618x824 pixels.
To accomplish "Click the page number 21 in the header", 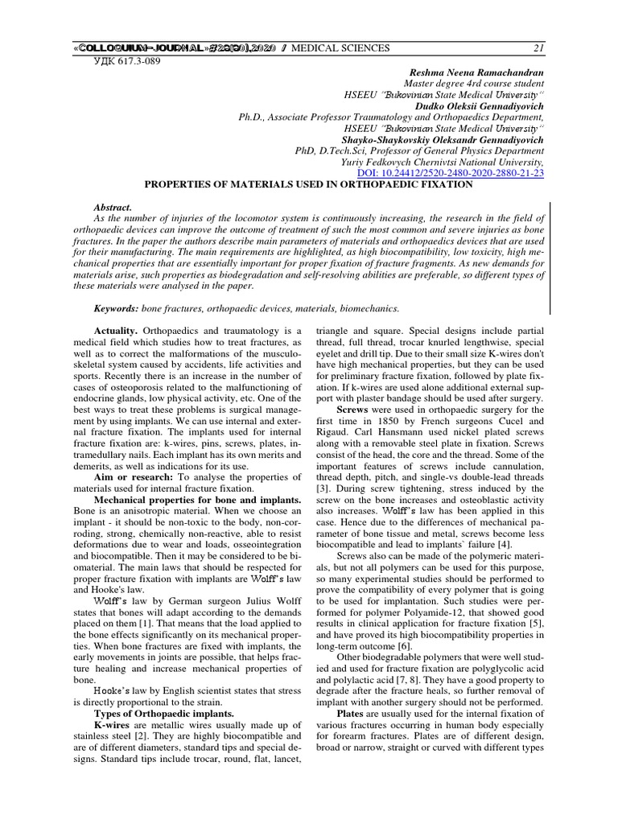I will [538, 48].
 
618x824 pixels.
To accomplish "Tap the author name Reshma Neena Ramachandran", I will [477, 72].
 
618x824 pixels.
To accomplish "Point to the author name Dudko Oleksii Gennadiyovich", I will [478, 106].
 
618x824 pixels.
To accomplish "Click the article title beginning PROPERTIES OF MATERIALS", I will [308, 184].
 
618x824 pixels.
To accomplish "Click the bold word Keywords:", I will [116, 308].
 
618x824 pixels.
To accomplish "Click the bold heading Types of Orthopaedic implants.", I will [154, 713].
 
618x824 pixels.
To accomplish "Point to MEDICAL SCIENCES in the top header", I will [340, 48].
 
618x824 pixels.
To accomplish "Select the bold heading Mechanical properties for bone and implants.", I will [191, 499].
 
